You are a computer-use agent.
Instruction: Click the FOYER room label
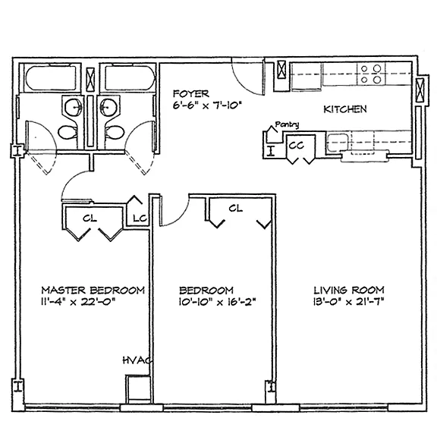191,93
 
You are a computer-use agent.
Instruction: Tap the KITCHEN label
345,109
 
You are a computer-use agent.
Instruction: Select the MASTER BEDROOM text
93,291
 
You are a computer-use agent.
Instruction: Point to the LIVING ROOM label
349,291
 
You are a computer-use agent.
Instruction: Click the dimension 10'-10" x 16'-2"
217,302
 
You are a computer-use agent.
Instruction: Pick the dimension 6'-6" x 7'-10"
207,105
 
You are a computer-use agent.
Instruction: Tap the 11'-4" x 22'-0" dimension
78,302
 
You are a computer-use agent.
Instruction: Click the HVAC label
137,360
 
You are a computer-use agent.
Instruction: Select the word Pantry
287,124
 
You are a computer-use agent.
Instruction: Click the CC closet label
296,145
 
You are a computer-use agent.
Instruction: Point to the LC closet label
140,218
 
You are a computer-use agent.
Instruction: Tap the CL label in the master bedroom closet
90,218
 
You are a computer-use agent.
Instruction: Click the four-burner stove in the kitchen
371,74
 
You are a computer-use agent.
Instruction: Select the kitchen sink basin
338,142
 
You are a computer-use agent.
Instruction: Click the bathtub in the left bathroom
51,78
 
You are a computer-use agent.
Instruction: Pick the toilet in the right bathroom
115,132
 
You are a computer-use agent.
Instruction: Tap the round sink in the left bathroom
74,107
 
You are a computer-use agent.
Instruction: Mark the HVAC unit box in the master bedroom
138,389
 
